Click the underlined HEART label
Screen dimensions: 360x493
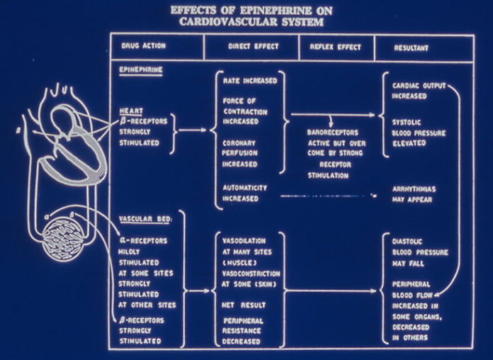tap(131, 111)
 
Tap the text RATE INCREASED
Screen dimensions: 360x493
tap(249, 81)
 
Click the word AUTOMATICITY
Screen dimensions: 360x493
tap(245, 188)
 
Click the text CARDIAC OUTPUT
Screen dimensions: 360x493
tap(419, 86)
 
